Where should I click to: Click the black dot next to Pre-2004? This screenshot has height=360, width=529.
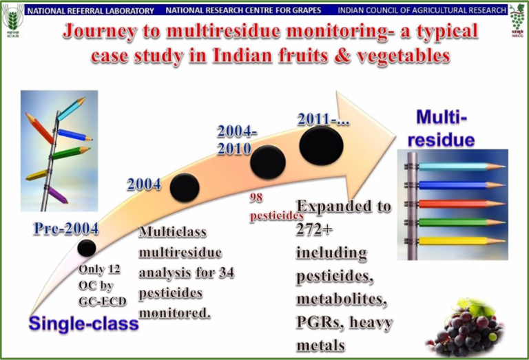86,248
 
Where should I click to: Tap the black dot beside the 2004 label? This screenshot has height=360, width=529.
185,188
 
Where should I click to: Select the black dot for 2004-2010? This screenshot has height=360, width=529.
267,162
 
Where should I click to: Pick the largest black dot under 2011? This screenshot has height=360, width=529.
321,146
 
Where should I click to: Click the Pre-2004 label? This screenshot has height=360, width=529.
66,229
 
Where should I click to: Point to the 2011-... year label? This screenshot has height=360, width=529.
323,119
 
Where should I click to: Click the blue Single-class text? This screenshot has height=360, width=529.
83,324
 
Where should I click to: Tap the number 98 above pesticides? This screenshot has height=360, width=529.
256,198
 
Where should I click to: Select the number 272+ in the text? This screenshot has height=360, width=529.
314,229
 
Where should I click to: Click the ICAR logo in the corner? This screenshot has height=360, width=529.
13,20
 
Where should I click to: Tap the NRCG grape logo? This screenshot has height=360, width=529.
517,20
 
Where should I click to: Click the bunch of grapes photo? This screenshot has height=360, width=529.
465,326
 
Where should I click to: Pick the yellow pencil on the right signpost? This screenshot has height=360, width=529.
461,241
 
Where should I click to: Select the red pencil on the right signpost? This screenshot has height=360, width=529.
461,204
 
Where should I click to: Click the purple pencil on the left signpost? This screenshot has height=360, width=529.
56,195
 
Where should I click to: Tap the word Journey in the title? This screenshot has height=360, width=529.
100,32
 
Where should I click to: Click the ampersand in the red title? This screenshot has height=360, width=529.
342,56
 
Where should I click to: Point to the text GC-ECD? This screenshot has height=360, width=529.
103,301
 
